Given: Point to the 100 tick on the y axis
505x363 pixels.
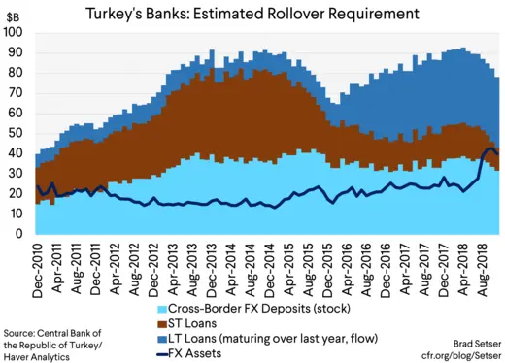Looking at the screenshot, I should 14,32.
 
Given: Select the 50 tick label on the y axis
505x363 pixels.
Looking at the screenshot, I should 17,133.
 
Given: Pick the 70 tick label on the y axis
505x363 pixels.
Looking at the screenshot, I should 17,92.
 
